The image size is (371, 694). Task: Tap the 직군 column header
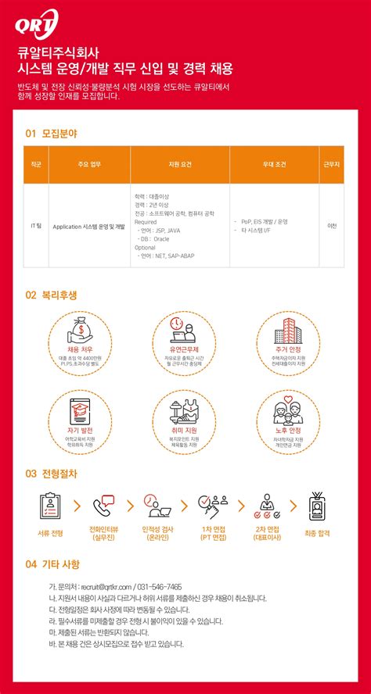click(x=36, y=165)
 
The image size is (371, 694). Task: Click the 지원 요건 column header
click(x=179, y=165)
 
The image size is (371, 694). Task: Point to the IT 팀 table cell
click(x=36, y=226)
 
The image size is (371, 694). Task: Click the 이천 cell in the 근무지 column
click(x=332, y=226)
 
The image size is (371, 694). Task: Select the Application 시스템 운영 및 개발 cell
click(x=88, y=226)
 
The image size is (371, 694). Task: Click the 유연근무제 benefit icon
click(x=185, y=328)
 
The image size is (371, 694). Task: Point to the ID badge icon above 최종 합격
click(x=317, y=506)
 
